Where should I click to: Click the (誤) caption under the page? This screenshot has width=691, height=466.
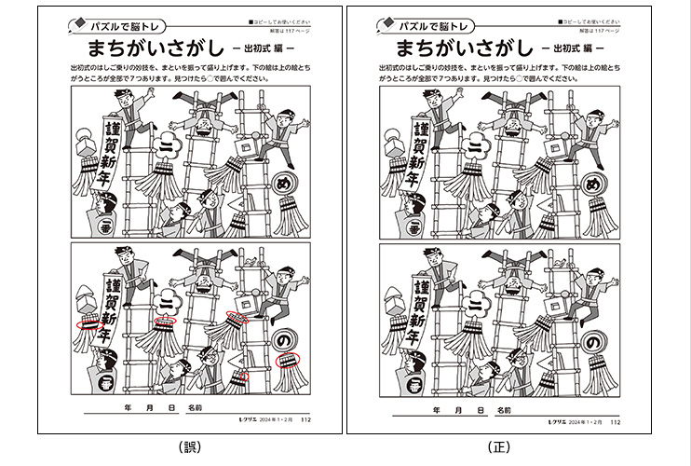point(189,447)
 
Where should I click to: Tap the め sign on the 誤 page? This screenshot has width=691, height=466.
point(282,187)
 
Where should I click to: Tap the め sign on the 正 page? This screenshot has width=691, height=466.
point(591,187)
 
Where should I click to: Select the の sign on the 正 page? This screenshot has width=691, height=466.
point(591,343)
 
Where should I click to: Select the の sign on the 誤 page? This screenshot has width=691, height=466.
point(282,343)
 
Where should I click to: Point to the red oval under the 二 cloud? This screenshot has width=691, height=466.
point(165,321)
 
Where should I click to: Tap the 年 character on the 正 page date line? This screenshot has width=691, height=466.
point(433,409)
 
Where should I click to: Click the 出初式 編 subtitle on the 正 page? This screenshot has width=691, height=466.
point(573,48)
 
